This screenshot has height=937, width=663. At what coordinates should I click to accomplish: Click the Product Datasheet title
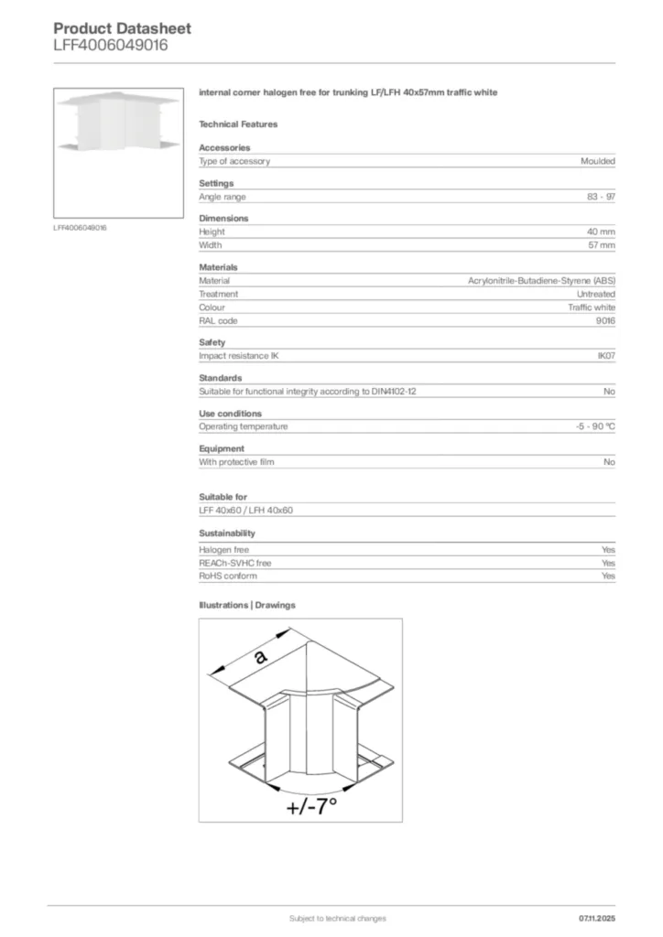pyautogui.click(x=122, y=28)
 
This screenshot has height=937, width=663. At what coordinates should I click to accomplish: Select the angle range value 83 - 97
pyautogui.click(x=602, y=197)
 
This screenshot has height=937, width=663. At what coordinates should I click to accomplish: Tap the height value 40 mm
pyautogui.click(x=601, y=232)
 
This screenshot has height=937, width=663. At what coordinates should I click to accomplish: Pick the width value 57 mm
pyautogui.click(x=602, y=245)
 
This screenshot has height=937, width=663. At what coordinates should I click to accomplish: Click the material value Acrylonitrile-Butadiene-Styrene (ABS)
pyautogui.click(x=541, y=281)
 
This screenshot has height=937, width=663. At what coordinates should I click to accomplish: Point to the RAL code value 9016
pyautogui.click(x=605, y=321)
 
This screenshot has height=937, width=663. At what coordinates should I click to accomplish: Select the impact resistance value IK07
pyautogui.click(x=605, y=356)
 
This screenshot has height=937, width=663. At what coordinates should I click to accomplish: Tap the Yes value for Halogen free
pyautogui.click(x=608, y=550)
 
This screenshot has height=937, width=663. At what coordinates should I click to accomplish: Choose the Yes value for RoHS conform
pyautogui.click(x=608, y=576)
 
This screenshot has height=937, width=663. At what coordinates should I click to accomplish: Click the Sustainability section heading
pyautogui.click(x=227, y=533)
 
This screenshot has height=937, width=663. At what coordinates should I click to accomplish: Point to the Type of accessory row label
pyautogui.click(x=234, y=161)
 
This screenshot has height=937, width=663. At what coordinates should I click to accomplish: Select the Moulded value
pyautogui.click(x=598, y=161)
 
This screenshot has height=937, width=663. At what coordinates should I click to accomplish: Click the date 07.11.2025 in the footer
pyautogui.click(x=597, y=918)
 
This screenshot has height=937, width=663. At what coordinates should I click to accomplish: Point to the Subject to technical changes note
pyautogui.click(x=337, y=918)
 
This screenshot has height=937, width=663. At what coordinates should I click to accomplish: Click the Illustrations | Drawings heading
pyautogui.click(x=247, y=605)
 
